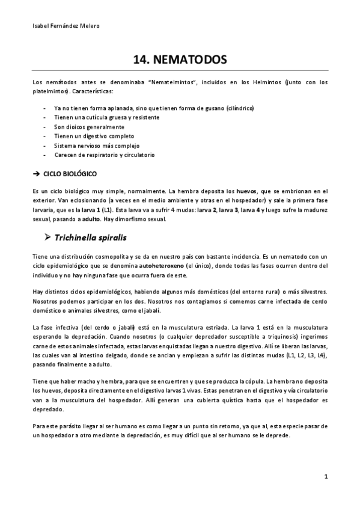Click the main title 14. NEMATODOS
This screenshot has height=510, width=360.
pyautogui.click(x=180, y=60)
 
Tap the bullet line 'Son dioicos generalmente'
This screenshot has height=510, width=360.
pyautogui.click(x=89, y=127)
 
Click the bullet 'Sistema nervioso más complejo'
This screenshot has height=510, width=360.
pyautogui.click(x=96, y=146)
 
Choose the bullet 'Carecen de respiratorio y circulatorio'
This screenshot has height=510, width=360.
pyautogui.click(x=105, y=155)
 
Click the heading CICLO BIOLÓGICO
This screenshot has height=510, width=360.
pyautogui.click(x=71, y=173)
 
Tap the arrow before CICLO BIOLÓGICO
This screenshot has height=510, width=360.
pyautogui.click(x=36, y=173)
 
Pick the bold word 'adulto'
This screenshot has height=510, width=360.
pyautogui.click(x=91, y=220)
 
